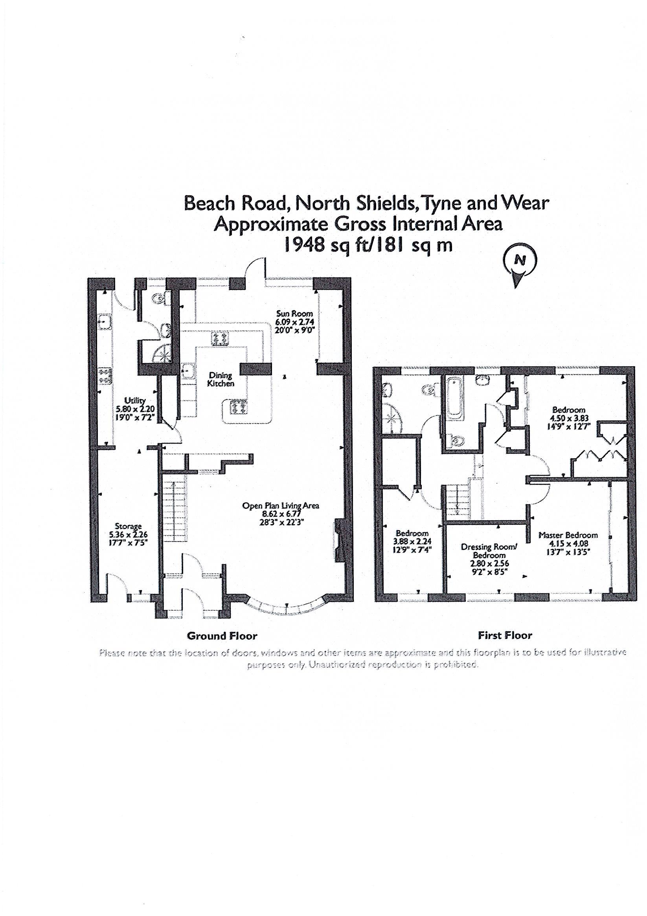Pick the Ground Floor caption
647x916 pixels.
[x=222, y=636]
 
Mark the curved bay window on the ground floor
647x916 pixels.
[x=288, y=608]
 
